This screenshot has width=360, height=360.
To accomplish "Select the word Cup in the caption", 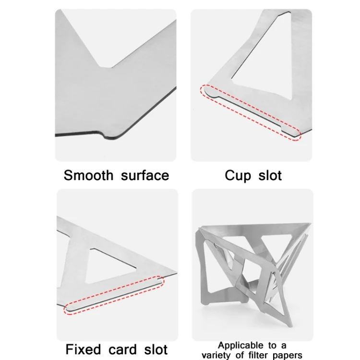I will pyautogui.click(x=238, y=175).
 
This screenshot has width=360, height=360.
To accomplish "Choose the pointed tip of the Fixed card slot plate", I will pyautogui.click(x=174, y=274).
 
